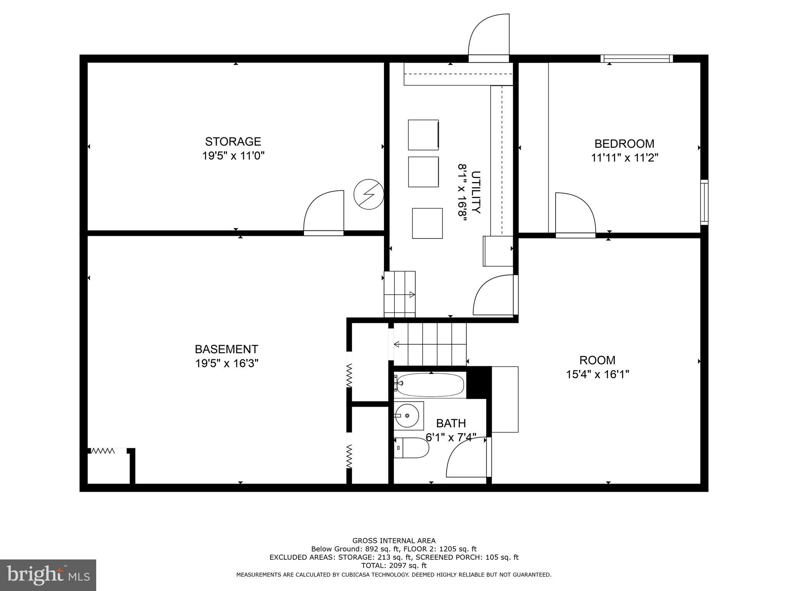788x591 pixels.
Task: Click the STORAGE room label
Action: [233, 142]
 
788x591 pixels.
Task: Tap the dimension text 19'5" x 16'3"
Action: [227, 363]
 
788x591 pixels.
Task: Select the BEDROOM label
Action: [624, 144]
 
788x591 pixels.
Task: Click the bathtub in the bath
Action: [430, 384]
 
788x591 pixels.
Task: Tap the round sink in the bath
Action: [407, 416]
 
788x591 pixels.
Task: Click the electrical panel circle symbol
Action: [369, 194]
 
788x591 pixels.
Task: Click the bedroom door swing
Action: [575, 214]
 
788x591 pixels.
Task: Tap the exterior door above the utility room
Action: [489, 37]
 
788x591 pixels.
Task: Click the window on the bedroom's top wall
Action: [637, 58]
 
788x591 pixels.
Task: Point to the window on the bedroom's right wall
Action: [704, 202]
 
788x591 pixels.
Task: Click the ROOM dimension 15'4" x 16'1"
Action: [597, 374]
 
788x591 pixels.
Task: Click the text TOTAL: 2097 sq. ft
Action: [394, 566]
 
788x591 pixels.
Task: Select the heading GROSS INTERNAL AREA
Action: [394, 541]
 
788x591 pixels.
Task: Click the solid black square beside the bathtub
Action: [479, 382]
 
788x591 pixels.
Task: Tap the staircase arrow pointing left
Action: [397, 344]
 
